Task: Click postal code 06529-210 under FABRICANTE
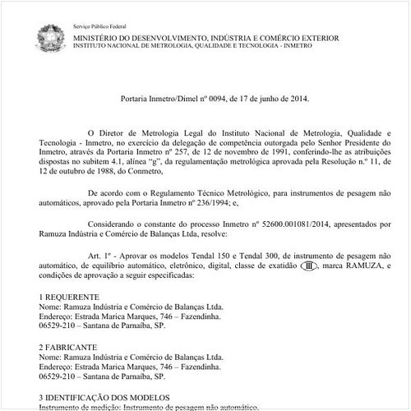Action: click(x=58, y=377)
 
